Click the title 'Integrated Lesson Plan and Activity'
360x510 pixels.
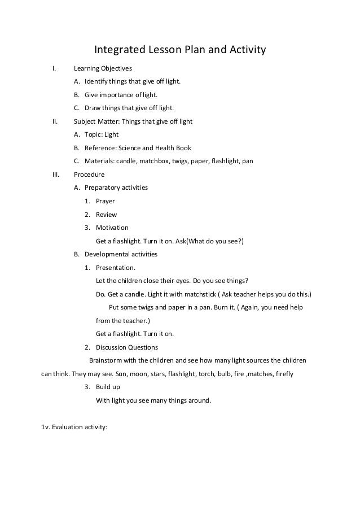(179, 51)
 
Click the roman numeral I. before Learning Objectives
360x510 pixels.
(54, 69)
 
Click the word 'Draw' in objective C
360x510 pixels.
(93, 108)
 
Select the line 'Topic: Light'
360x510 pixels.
(101, 135)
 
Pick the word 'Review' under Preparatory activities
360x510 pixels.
(107, 215)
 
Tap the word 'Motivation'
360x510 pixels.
(112, 228)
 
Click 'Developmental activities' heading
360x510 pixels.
(121, 254)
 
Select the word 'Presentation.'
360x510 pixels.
(116, 268)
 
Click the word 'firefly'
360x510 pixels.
(282, 374)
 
